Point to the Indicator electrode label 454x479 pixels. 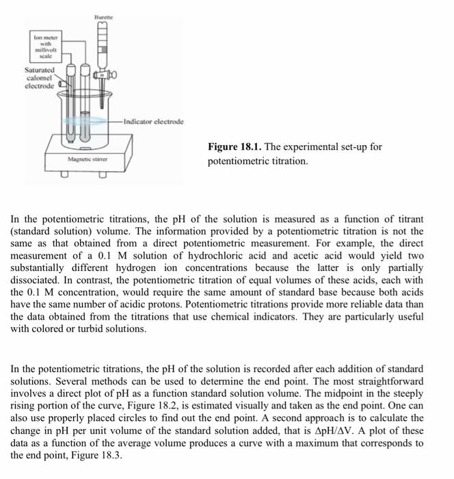pos(154,120)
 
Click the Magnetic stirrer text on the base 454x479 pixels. pos(88,159)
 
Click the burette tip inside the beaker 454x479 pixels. pos(103,103)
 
